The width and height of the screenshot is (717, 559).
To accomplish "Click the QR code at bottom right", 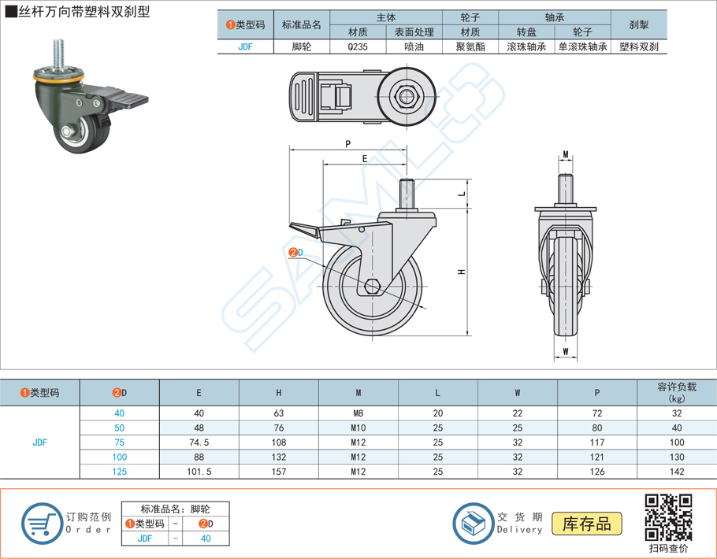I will click(668, 517).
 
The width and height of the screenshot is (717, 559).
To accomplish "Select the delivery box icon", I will click(473, 521).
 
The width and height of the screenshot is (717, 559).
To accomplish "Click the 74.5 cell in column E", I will click(199, 442).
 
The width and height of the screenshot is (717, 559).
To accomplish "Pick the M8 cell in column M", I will click(358, 413).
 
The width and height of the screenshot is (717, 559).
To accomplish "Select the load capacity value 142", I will click(676, 472).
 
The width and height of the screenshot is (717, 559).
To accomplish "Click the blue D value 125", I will click(119, 472).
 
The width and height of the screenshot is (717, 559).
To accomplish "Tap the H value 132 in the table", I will click(278, 457).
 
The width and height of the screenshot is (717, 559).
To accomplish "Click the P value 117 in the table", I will click(596, 442).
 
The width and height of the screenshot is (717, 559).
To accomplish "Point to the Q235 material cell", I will click(358, 46).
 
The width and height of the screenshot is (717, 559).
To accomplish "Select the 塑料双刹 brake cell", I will click(638, 46).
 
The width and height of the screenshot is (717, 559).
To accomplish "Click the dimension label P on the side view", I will click(347, 143).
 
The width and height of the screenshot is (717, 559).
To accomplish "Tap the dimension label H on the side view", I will click(463, 272).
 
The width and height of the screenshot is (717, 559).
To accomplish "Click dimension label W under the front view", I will click(566, 351).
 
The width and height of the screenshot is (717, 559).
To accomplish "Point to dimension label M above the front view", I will click(566, 154).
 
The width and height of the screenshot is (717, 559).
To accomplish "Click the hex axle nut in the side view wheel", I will click(374, 285).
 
